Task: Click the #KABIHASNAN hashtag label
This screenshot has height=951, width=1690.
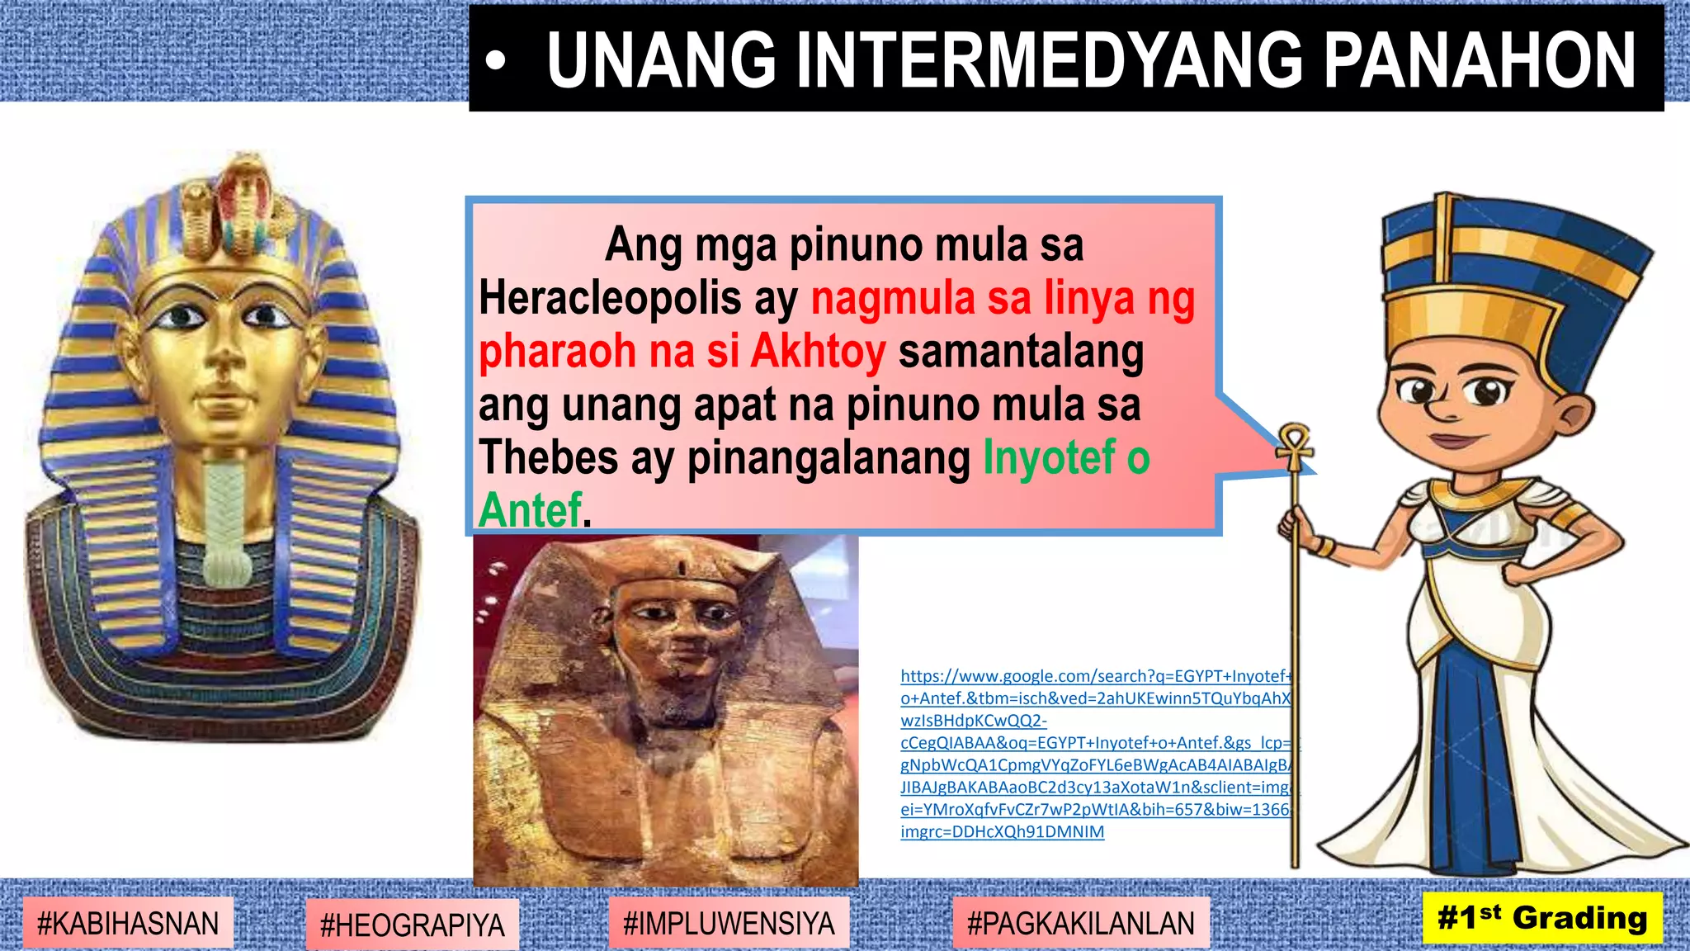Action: pos(128,923)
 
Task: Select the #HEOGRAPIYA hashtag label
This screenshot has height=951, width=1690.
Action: pos(412,925)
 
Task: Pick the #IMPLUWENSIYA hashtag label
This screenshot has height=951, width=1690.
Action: pos(729,923)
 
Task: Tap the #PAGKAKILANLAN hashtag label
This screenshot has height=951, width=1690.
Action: pos(1080,923)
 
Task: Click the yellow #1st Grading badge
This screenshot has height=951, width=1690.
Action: pos(1542,918)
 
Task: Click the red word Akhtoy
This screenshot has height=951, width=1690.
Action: pos(818,351)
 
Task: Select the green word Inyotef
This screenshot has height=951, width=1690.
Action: pos(1049,457)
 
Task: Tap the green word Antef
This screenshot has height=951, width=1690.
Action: pos(531,509)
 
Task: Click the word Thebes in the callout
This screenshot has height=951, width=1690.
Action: pos(548,457)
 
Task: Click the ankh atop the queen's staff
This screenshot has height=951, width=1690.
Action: pos(1294,446)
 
